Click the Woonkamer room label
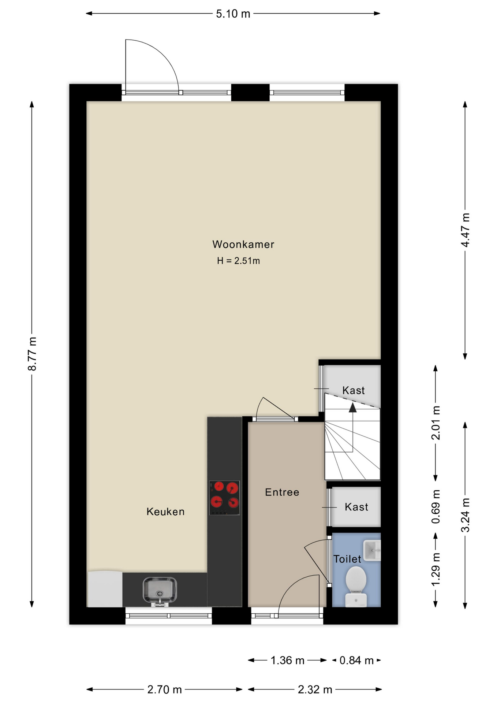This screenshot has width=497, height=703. (x=243, y=244)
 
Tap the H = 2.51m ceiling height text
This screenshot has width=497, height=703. (x=238, y=261)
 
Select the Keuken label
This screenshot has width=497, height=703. (x=165, y=512)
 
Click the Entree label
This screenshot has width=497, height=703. (x=282, y=492)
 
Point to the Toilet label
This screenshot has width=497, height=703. (x=347, y=559)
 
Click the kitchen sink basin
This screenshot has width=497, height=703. (x=160, y=589)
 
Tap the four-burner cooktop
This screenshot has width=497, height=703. (x=224, y=498)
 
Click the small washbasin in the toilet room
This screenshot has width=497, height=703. (x=372, y=550)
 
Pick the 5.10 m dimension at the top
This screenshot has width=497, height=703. (x=233, y=14)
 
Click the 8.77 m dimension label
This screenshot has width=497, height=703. (x=32, y=354)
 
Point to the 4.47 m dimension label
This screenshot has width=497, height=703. (x=465, y=230)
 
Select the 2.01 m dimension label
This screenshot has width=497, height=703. (x=436, y=423)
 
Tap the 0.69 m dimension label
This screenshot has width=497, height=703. (x=436, y=506)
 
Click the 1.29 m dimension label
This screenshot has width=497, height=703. (x=436, y=569)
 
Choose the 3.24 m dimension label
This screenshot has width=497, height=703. (x=465, y=515)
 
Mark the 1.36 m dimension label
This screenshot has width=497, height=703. (x=287, y=660)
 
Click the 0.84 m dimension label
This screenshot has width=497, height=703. (x=356, y=660)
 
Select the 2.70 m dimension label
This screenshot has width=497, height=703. (x=164, y=689)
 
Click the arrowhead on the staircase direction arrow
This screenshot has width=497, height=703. (x=352, y=408)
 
